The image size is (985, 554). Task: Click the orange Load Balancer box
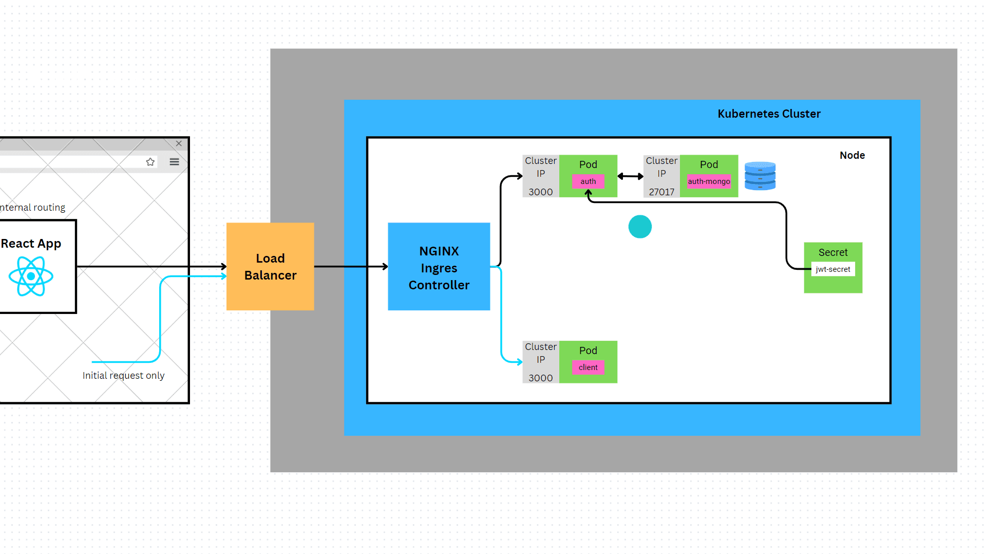click(270, 266)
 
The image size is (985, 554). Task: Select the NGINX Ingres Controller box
click(439, 266)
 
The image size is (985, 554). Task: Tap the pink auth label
click(588, 181)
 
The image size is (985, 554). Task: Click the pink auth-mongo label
click(709, 181)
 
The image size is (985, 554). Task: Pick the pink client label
click(588, 367)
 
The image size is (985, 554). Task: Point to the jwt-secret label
click(832, 269)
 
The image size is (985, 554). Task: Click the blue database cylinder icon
click(760, 176)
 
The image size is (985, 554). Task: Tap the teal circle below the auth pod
click(640, 227)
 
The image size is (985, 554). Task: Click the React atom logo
click(31, 276)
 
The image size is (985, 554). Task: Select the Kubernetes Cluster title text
click(769, 114)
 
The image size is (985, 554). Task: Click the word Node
click(852, 155)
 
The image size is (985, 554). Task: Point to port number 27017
click(661, 192)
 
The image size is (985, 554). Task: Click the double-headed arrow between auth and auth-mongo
click(630, 176)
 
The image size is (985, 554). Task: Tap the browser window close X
click(179, 143)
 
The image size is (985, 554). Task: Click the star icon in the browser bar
click(150, 162)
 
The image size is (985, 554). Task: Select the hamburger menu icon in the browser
click(174, 162)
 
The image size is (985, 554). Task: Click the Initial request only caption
click(123, 376)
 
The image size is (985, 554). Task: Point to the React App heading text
click(31, 244)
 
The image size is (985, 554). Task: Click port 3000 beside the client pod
click(540, 378)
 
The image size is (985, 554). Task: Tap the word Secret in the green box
click(832, 252)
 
